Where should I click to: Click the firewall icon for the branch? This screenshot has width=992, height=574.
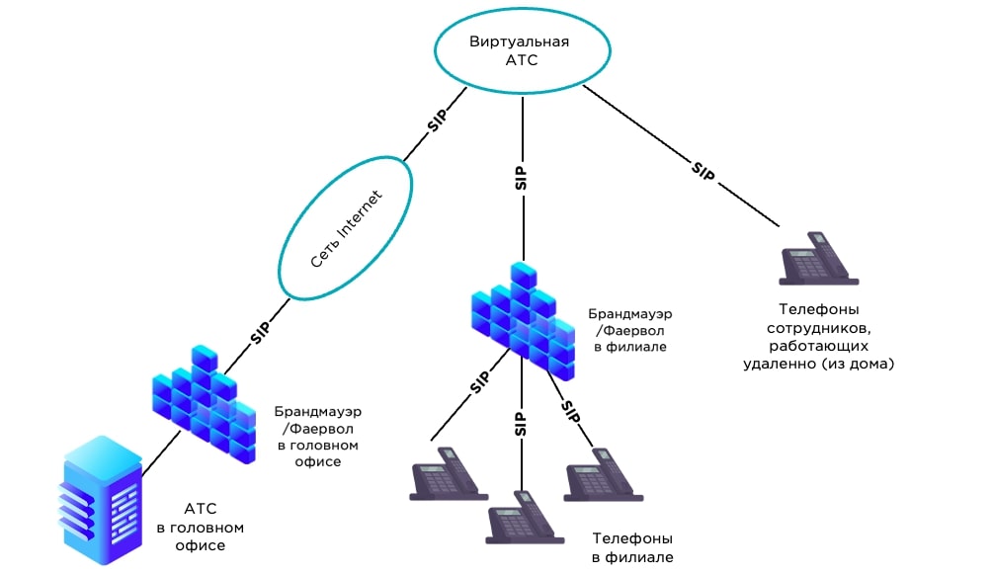(522, 321)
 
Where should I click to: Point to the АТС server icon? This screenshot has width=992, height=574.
(101, 499)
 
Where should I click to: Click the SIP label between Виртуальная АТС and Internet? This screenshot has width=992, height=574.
(437, 120)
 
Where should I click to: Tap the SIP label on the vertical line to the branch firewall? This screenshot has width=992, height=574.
(521, 178)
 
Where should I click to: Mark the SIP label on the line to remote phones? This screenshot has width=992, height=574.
(703, 169)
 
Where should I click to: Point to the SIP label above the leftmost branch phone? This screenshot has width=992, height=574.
(478, 383)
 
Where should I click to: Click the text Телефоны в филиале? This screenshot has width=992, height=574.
(632, 548)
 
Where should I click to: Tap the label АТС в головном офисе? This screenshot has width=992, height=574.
(200, 528)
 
